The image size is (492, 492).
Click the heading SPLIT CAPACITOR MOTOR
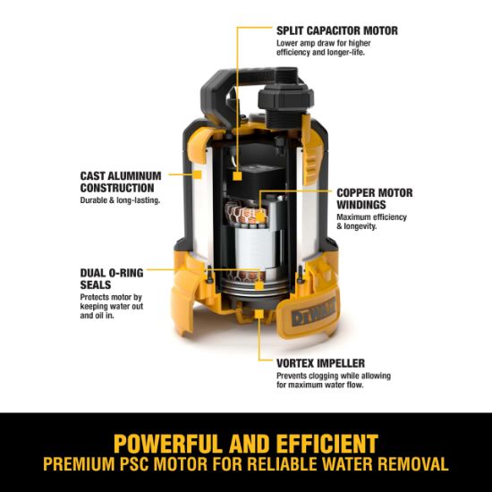pos(335,30)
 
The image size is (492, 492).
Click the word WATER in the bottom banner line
pos(344,466)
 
